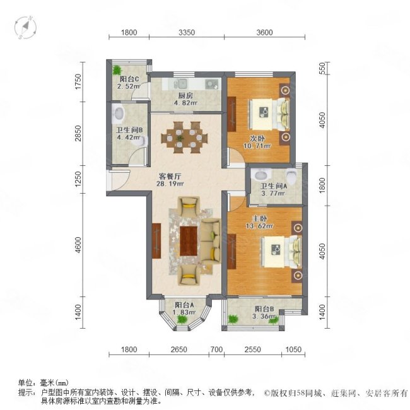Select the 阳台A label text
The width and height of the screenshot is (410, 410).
185,306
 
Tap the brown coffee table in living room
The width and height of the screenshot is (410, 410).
189,241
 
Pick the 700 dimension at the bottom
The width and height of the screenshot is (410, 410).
216,349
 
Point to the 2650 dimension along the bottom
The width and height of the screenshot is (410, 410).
179,349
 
